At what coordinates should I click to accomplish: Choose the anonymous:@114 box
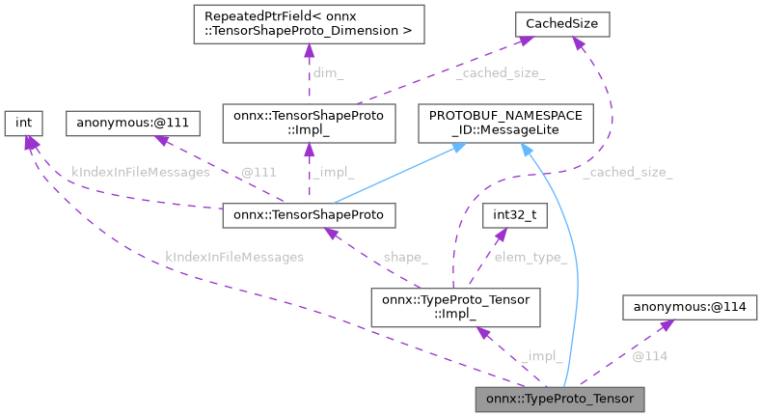(x=690, y=308)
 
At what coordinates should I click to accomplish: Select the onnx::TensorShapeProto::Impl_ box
(x=309, y=123)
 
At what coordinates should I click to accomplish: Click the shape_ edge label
(x=404, y=258)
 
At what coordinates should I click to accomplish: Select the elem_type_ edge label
(x=530, y=258)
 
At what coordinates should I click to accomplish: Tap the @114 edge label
(x=649, y=356)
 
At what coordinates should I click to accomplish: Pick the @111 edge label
(x=259, y=171)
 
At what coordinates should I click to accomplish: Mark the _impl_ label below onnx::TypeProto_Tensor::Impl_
(x=541, y=356)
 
